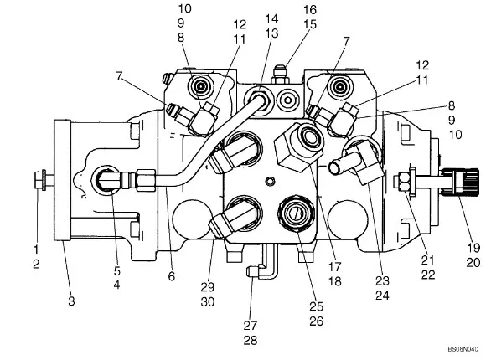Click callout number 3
pos(71,301)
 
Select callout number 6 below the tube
pos(171,276)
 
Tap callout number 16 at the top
pos(310,10)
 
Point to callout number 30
pos(208,302)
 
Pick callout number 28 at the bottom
pos(251,340)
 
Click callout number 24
pos(382,296)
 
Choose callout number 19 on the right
pos(473,248)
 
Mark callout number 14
pos(271,18)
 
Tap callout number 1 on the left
pos(36,249)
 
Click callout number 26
pos(316,321)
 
